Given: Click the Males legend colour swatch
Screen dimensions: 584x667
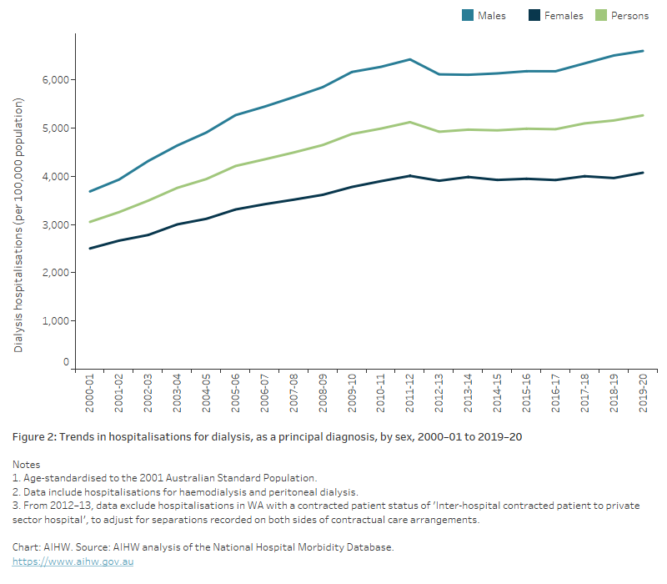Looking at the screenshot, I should point(469,15).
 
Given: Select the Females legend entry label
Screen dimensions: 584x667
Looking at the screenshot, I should point(564,15).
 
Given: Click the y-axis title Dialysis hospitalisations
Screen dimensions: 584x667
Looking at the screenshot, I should point(19,225).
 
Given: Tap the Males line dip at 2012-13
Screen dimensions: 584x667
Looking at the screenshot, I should point(439,74).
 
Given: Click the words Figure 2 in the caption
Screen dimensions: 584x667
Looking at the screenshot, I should point(36,437).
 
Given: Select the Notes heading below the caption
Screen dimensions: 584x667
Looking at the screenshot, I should point(27,464).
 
